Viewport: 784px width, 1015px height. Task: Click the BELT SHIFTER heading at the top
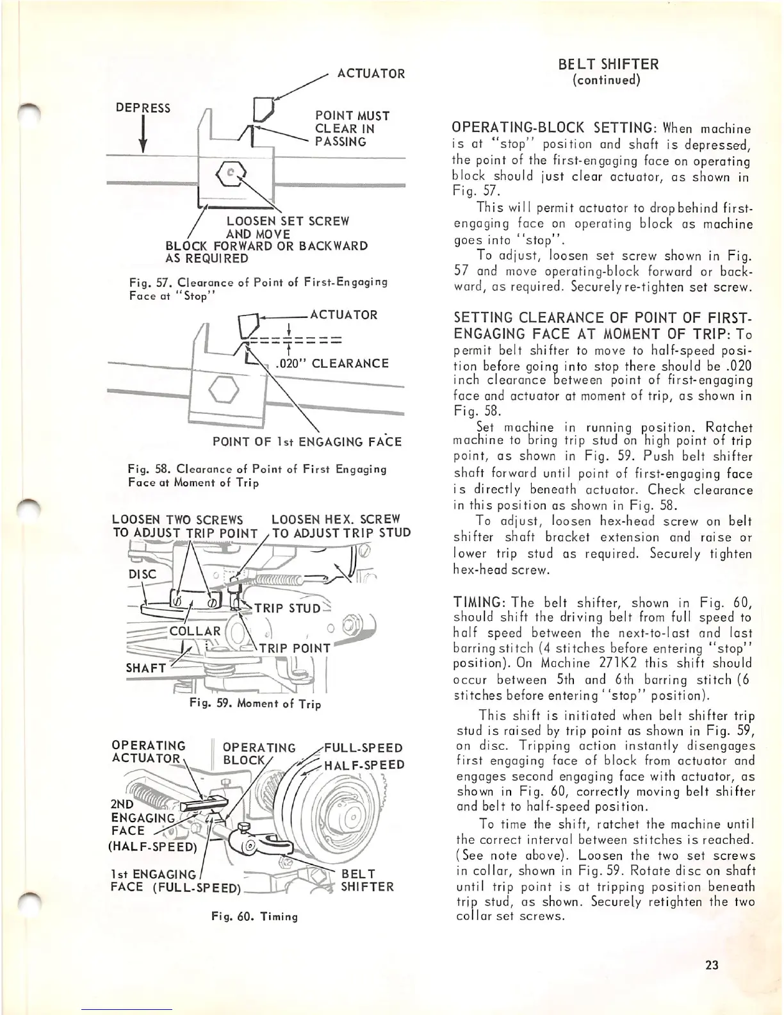click(608, 64)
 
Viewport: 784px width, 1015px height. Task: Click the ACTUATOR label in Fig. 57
click(371, 74)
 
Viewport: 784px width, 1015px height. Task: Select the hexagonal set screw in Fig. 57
click(232, 172)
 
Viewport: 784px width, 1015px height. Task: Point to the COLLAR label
click(195, 631)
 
